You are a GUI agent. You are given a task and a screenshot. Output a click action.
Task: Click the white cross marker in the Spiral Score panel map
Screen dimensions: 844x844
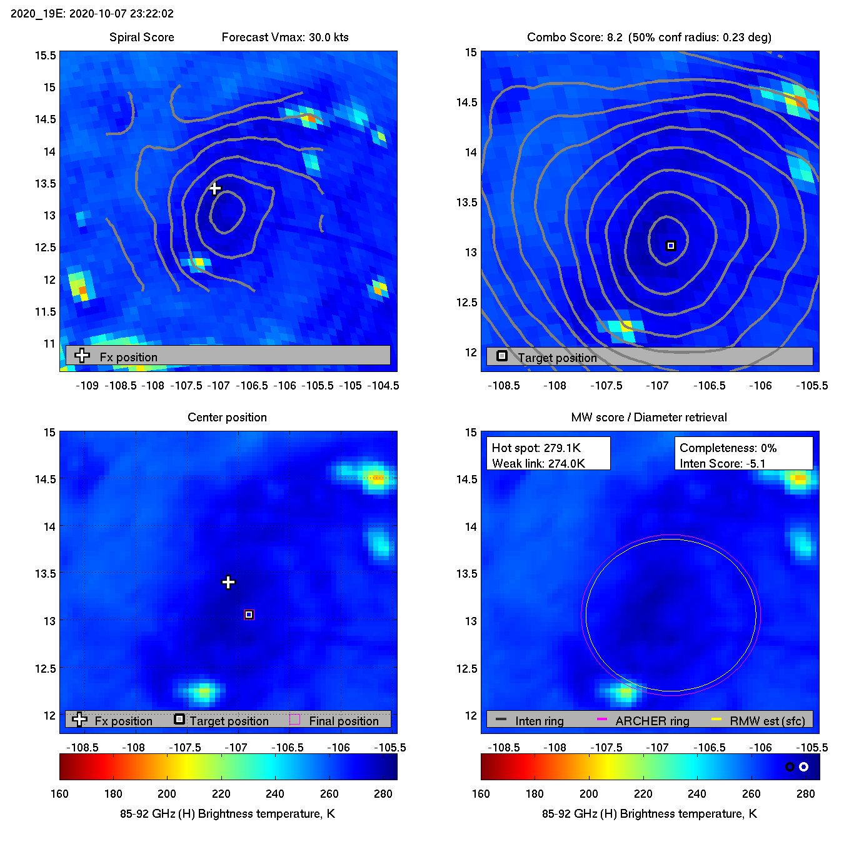[215, 188]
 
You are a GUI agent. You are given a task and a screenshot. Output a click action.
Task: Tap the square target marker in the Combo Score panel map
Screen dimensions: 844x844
[671, 246]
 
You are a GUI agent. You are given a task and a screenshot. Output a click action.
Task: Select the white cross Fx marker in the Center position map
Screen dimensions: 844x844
[228, 582]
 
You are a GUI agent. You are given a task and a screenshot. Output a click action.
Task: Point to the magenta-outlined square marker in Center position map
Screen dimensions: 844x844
[249, 615]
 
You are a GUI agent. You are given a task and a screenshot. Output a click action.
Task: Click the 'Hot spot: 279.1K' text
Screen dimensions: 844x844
[536, 448]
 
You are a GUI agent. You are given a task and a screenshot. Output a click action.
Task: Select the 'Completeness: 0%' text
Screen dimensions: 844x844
[728, 448]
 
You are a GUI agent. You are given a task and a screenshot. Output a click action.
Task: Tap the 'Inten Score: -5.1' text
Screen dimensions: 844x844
[722, 463]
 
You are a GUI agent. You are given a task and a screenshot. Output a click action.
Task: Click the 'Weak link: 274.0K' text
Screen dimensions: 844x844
[538, 463]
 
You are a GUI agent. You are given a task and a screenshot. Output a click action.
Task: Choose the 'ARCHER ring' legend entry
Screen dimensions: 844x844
[652, 721]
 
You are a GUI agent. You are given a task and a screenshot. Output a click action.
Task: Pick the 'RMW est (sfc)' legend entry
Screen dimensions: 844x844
[767, 721]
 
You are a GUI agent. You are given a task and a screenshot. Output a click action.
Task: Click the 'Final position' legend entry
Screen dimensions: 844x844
[343, 721]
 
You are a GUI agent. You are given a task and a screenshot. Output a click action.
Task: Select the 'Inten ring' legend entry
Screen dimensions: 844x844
[539, 721]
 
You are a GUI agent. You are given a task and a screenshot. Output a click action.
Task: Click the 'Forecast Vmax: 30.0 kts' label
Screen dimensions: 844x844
[285, 37]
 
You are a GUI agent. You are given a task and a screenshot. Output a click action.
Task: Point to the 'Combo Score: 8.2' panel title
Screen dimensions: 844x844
[575, 37]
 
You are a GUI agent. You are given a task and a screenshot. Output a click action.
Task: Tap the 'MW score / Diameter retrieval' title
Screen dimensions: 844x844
[649, 417]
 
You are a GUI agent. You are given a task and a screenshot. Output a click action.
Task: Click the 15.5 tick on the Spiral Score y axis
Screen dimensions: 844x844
[46, 56]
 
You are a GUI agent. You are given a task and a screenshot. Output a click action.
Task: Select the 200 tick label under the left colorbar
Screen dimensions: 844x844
[167, 793]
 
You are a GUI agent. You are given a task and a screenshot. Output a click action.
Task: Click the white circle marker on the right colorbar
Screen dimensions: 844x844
[804, 766]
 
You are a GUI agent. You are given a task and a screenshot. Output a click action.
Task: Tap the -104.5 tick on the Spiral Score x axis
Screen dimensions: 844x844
[384, 385]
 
